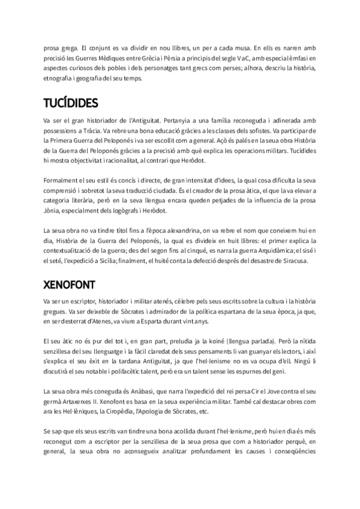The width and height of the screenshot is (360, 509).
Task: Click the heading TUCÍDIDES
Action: [71, 103]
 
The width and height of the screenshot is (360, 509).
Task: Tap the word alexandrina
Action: [206, 231]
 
